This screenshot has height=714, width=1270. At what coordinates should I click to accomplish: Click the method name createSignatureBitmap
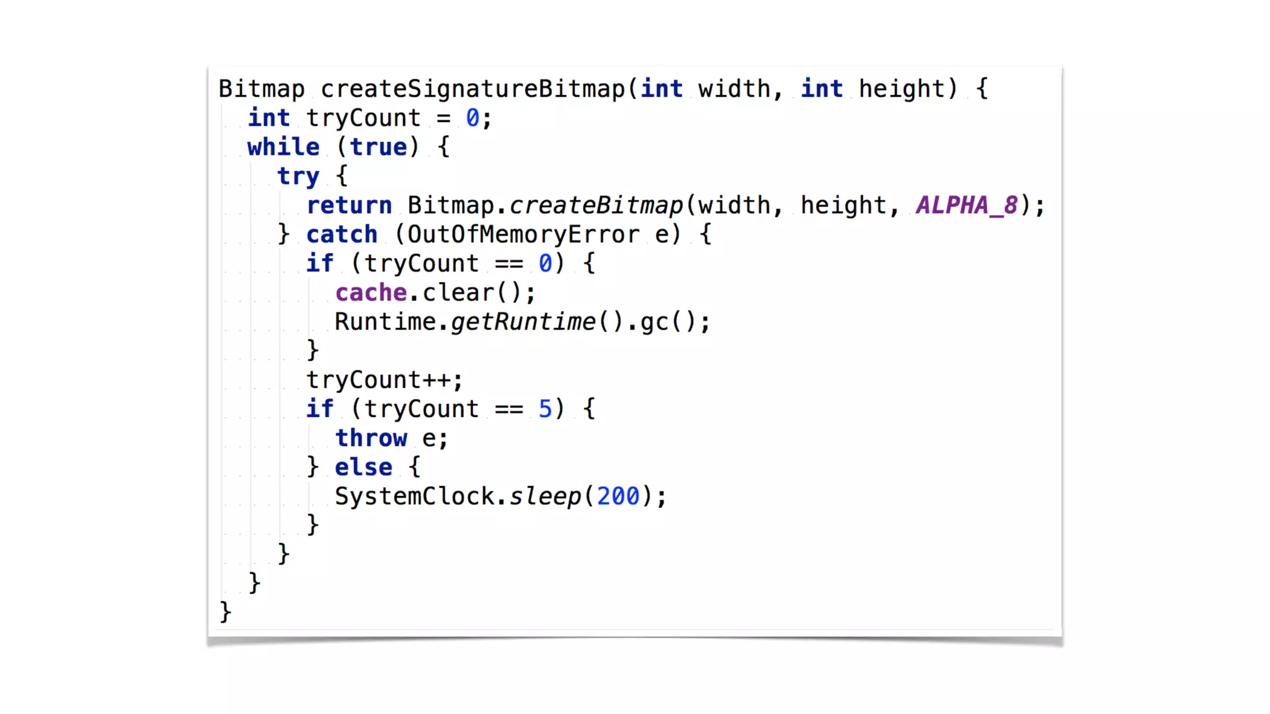(473, 89)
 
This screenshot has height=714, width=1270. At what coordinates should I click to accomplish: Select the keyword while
(283, 148)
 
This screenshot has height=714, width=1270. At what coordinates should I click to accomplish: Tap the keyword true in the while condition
(378, 148)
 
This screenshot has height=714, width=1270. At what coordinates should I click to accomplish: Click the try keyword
(298, 177)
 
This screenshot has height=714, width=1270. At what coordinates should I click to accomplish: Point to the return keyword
(349, 206)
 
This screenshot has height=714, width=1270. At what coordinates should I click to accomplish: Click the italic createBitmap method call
(596, 206)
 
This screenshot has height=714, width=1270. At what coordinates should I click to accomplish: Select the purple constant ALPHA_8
(967, 206)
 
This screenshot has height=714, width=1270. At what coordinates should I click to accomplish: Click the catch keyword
(342, 235)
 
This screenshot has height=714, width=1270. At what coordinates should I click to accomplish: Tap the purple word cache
(371, 293)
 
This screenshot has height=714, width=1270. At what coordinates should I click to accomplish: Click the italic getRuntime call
(523, 322)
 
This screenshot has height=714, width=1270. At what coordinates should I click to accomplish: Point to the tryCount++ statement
(384, 380)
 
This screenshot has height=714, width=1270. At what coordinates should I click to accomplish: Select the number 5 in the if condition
(544, 409)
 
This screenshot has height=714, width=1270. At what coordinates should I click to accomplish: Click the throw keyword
(371, 438)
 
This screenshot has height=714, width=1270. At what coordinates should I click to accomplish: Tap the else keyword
(363, 467)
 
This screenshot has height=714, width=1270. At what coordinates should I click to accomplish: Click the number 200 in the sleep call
(618, 496)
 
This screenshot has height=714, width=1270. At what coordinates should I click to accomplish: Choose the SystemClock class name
(414, 496)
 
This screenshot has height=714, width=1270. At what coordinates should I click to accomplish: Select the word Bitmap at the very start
(262, 89)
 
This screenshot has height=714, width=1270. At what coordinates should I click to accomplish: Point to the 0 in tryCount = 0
(473, 118)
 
